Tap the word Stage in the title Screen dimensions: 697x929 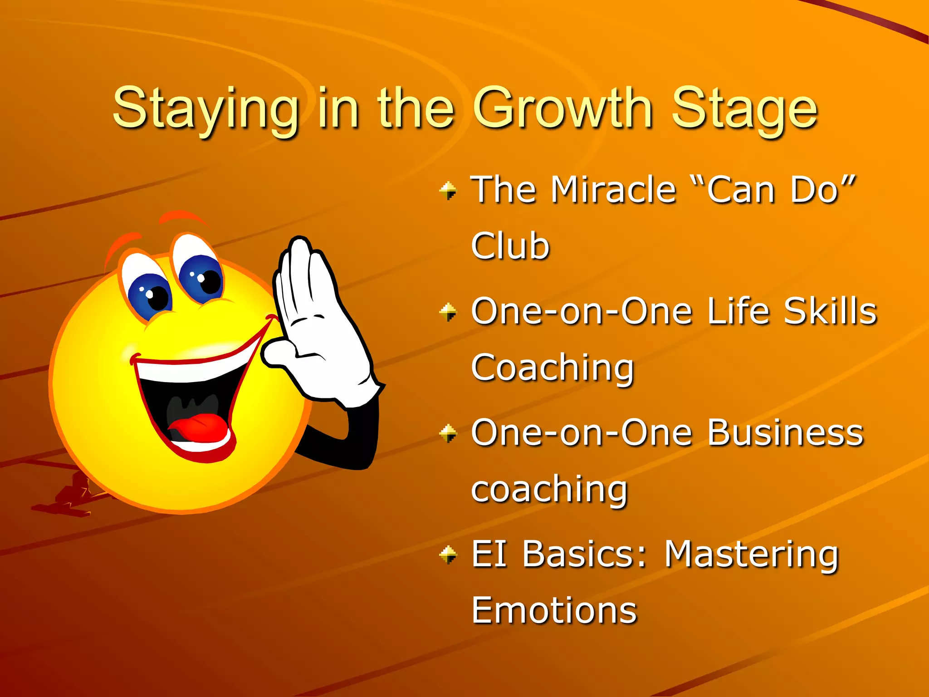[x=744, y=109]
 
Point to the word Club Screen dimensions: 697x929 [x=510, y=246]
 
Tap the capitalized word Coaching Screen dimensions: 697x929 [x=552, y=368]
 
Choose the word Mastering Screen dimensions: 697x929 [x=751, y=554]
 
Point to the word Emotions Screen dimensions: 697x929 [x=554, y=611]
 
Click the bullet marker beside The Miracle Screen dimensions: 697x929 [x=448, y=190]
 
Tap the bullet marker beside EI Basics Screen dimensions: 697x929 [x=448, y=555]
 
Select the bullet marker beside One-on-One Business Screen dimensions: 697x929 [x=448, y=433]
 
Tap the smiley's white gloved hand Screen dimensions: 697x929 [x=318, y=327]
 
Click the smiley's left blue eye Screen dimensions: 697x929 [x=149, y=295]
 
